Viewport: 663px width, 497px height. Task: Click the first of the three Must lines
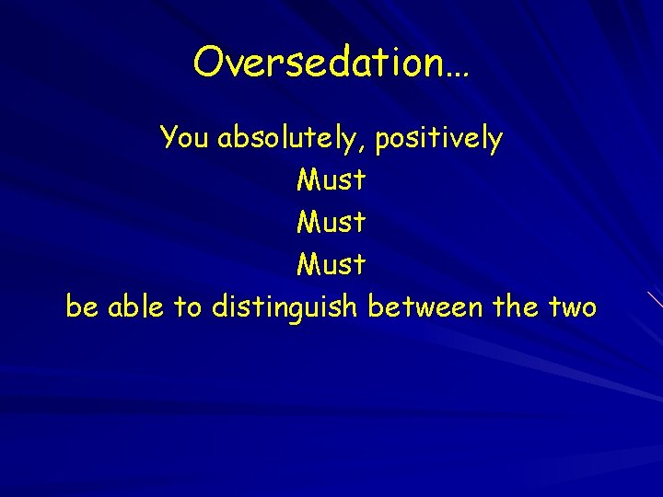(331, 179)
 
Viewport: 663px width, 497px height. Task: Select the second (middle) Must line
(331, 222)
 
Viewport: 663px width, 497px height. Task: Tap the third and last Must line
(331, 264)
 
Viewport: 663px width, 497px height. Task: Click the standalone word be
(82, 306)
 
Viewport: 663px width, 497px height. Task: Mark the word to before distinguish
(188, 306)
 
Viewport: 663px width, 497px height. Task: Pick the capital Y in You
(169, 138)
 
